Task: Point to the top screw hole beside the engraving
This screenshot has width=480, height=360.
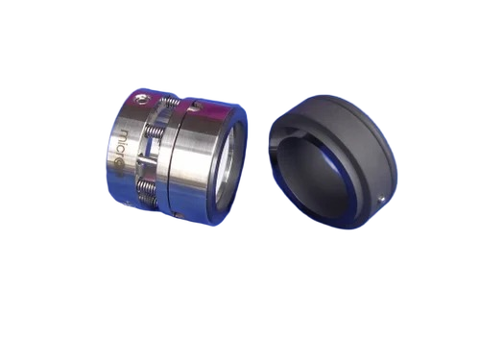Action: click(143, 98)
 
